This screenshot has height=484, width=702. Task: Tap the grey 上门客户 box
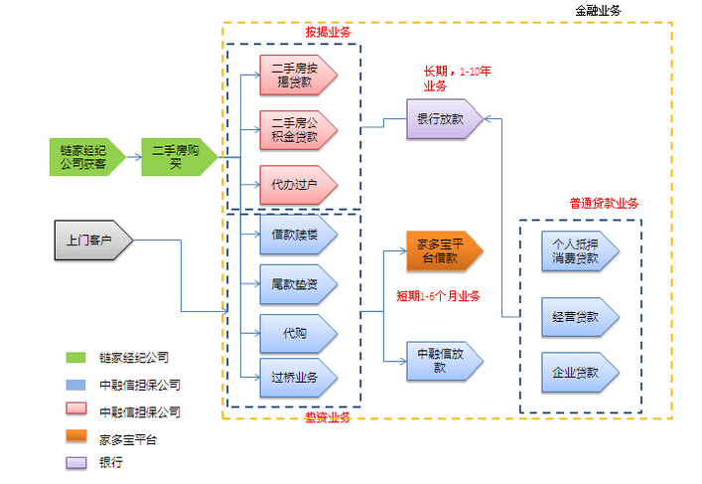click(91, 240)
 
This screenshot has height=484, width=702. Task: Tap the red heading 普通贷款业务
click(604, 203)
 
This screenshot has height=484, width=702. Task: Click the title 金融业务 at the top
click(599, 10)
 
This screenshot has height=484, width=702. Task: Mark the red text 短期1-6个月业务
click(438, 296)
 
